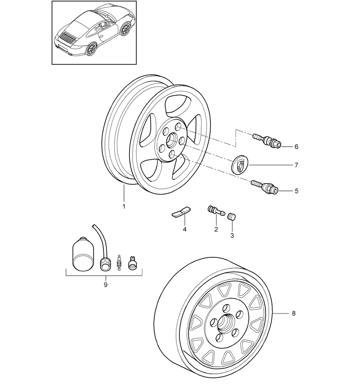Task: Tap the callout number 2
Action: pos(216,229)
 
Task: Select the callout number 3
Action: pos(231,235)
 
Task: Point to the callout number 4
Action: pos(184,230)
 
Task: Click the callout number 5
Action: pos(296,191)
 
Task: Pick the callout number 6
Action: pos(296,147)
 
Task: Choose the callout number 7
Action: pos(296,166)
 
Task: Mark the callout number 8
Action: pos(294,313)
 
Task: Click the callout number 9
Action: pos(105,284)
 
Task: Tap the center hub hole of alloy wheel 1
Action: pos(171,138)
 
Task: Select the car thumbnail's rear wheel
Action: pos(92,49)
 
